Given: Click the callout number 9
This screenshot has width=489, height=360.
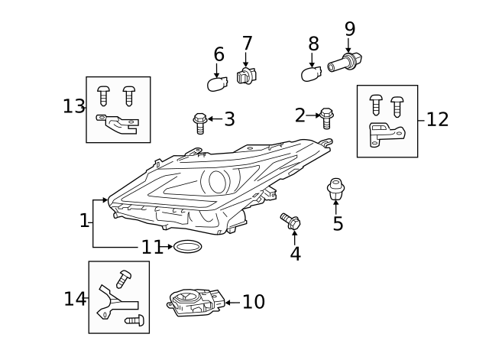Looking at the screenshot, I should click(350, 29).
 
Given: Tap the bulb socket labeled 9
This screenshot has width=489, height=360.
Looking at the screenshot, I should click(345, 63).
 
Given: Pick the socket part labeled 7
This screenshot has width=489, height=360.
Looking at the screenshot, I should click(245, 76).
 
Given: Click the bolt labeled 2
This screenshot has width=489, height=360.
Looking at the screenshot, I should click(326, 118).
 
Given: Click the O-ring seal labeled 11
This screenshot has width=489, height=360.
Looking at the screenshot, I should click(187, 247).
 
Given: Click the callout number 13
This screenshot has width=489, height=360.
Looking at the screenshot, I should click(73, 106).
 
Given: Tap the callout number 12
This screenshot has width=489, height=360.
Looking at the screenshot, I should click(438, 119).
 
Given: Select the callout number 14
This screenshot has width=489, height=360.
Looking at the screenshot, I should click(75, 299).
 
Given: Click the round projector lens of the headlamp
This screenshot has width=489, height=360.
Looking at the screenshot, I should click(216, 181).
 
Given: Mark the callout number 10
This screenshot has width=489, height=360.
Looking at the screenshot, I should click(253, 302).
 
